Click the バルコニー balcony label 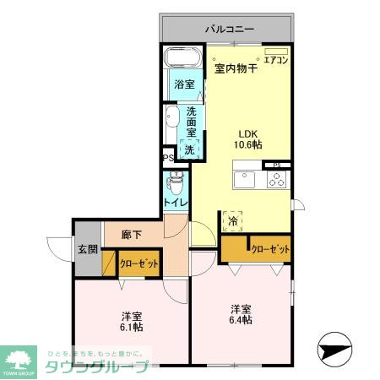(229, 30)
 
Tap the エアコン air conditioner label (276, 59)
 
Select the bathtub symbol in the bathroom (182, 59)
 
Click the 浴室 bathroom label (183, 84)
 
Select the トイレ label (175, 204)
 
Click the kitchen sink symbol (244, 180)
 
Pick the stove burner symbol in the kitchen (276, 179)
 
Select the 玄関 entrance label (88, 250)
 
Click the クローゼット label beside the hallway (139, 264)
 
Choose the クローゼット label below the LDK (271, 250)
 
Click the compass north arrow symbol (334, 349)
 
